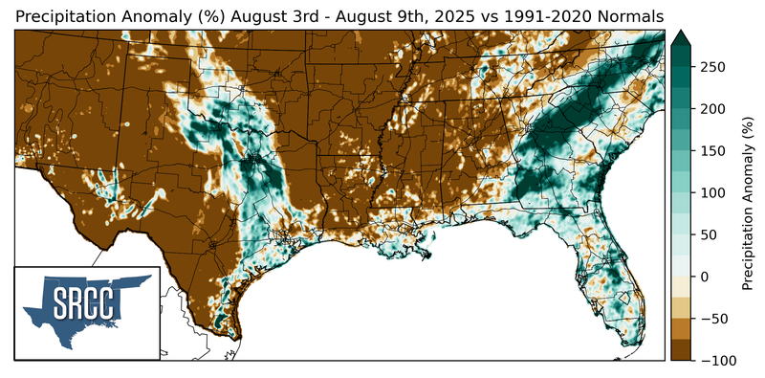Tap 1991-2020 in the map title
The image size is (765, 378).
click(x=540, y=16)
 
